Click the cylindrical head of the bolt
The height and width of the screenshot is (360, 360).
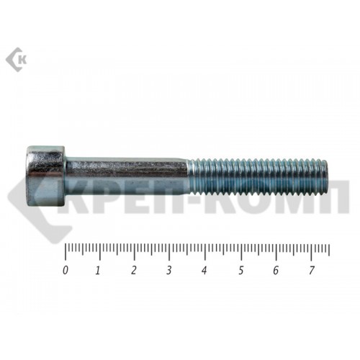pos(46,176)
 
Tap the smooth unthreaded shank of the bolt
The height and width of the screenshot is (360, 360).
pos(127,176)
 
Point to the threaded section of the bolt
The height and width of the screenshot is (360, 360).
pos(258,176)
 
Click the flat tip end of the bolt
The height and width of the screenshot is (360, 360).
pos(326,176)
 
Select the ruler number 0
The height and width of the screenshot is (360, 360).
pos(65,270)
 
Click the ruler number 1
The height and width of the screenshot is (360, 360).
pos(98,271)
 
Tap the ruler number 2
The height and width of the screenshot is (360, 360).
pos(134,271)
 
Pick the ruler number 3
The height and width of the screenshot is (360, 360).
pos(169,271)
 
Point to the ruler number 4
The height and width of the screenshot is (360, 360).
pos(204,271)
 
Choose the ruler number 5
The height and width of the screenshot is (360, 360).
pos(241,271)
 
